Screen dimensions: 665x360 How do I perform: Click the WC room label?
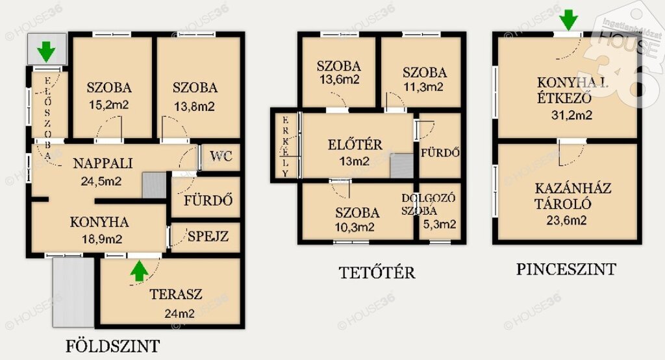tap(221, 156)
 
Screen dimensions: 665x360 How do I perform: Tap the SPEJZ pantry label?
tap(208, 236)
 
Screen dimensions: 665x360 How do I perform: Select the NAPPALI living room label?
tap(103, 163)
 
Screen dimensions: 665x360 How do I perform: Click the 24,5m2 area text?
tap(101, 181)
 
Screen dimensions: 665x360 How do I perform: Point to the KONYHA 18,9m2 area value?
tap(102, 239)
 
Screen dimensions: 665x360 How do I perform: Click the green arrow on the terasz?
tap(139, 271)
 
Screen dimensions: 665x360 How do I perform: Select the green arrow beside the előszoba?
tap(46, 51)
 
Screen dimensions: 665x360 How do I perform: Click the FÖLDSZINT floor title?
tap(113, 346)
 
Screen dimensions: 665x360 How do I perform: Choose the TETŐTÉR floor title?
tap(377, 272)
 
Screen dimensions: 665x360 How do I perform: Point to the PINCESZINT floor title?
tap(566, 269)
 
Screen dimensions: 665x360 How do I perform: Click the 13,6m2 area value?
tap(339, 79)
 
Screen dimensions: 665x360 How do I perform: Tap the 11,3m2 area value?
tap(423, 87)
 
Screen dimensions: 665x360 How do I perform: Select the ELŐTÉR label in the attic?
tap(355, 145)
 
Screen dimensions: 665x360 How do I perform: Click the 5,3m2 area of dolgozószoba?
tap(440, 224)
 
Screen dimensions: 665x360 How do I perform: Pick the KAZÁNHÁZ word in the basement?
tap(573, 188)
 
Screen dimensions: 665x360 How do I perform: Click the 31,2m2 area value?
tap(571, 115)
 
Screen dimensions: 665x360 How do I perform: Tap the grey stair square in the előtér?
tap(401, 165)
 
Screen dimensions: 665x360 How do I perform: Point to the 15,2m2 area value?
tap(108, 104)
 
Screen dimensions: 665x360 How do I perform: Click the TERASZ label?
tap(175, 294)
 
